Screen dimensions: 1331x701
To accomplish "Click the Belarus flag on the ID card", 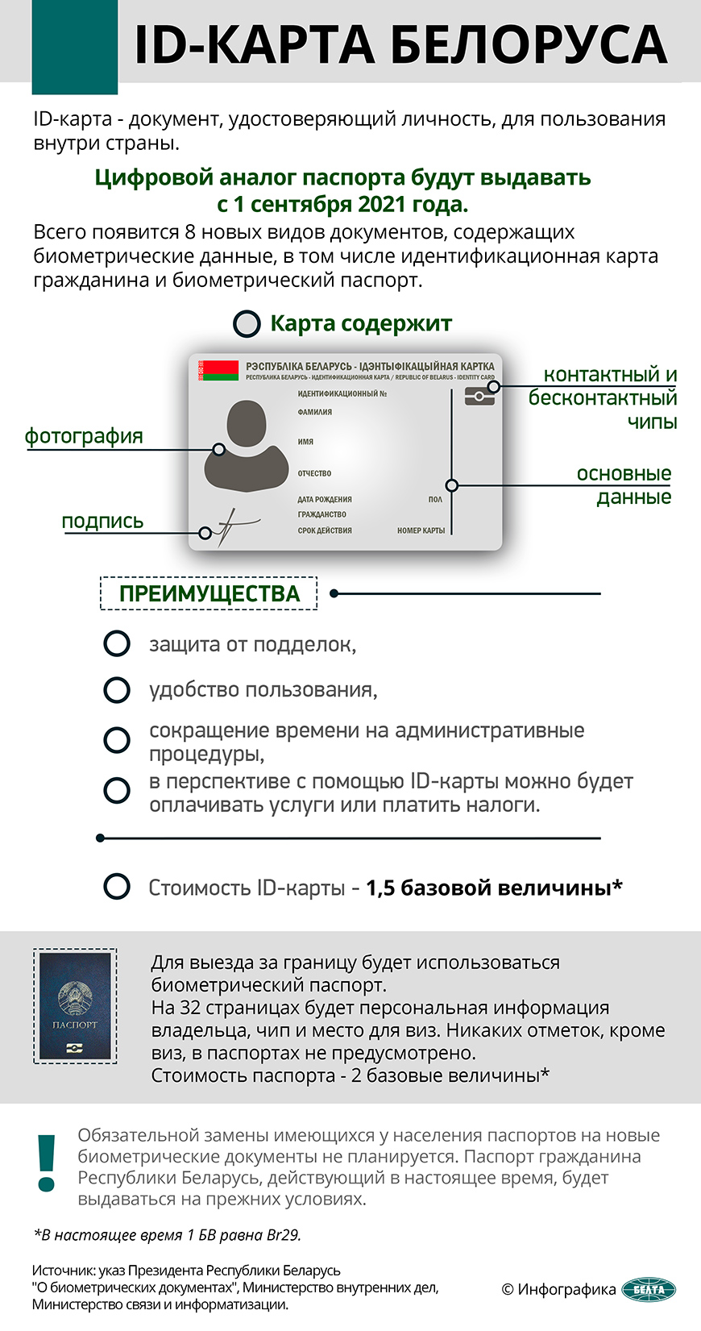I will [219, 371].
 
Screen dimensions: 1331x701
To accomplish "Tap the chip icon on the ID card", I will [479, 396].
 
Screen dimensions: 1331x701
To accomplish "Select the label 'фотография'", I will [84, 436].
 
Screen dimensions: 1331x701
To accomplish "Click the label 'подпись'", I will [102, 522].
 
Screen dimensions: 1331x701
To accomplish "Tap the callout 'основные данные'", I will [624, 485].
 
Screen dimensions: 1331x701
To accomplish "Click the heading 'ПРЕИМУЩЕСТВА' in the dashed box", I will [209, 594].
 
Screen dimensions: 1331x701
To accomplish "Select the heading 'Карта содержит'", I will [360, 323].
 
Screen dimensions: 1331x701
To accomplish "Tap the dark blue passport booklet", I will [75, 1005].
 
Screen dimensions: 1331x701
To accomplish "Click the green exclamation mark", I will [47, 1163].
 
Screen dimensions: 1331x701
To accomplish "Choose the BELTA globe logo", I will [649, 1289].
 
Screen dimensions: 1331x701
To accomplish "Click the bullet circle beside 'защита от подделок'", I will [117, 644].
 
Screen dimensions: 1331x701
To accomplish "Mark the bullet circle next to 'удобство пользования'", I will [117, 690].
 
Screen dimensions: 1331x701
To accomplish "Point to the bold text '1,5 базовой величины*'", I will [494, 888].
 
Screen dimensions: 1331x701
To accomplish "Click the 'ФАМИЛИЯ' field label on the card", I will [315, 412].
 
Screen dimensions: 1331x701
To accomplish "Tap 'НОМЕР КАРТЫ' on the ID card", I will [421, 530].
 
